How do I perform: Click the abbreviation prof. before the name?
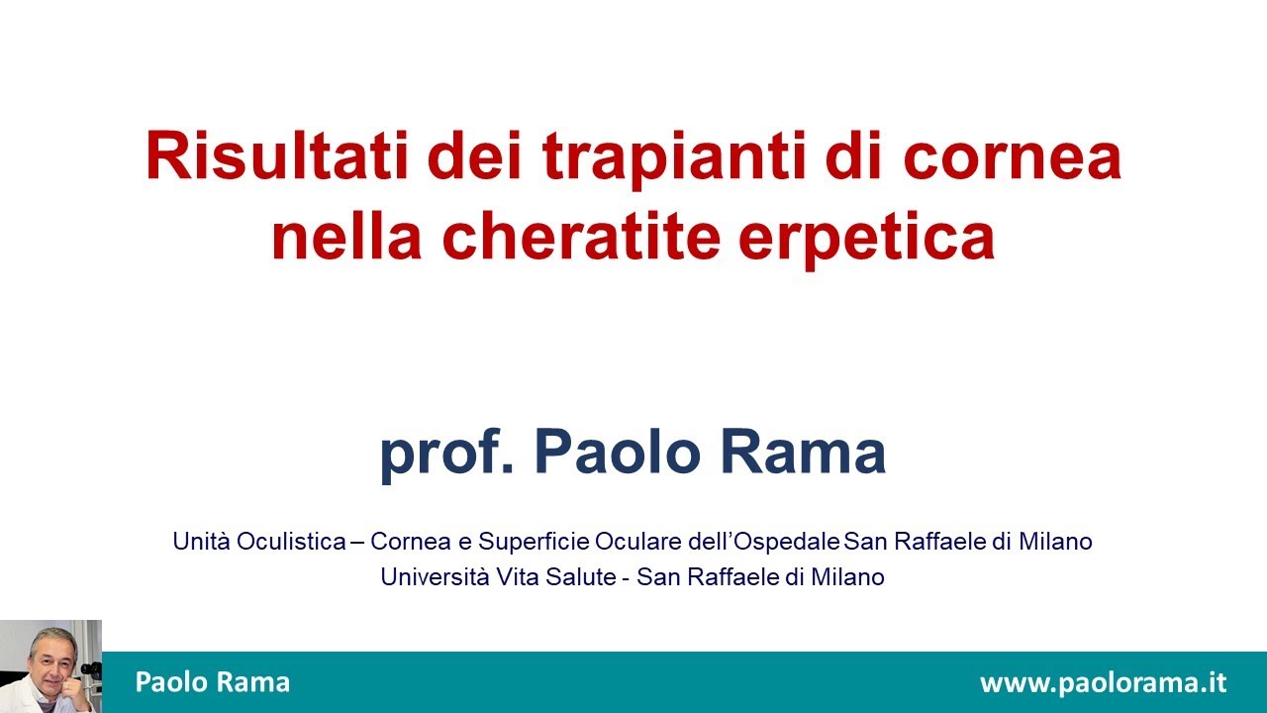(446, 453)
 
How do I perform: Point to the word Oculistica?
(291, 542)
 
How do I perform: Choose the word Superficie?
(535, 542)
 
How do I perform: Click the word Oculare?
(635, 542)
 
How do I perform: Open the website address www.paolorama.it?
(1103, 683)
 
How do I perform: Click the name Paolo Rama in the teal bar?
(213, 682)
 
